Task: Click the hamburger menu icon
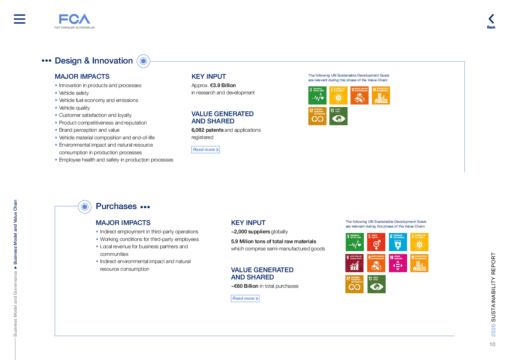point(20,19)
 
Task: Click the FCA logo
point(75,20)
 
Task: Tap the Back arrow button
point(491,20)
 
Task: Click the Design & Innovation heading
point(94,61)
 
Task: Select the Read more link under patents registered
point(205,150)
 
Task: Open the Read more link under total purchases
point(245,298)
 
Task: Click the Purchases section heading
point(116,206)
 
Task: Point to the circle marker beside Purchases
point(85,207)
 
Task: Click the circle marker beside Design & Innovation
point(143,61)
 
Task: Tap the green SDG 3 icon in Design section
point(317,95)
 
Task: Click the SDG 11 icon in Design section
point(381,95)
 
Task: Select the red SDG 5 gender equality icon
point(376,242)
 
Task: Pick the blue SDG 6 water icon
point(398,242)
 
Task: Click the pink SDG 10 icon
point(398,263)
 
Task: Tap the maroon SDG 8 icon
point(354,263)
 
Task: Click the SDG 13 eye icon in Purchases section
point(376,284)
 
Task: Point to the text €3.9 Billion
point(223,85)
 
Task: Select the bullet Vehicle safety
point(74,93)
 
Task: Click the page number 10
point(492,344)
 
